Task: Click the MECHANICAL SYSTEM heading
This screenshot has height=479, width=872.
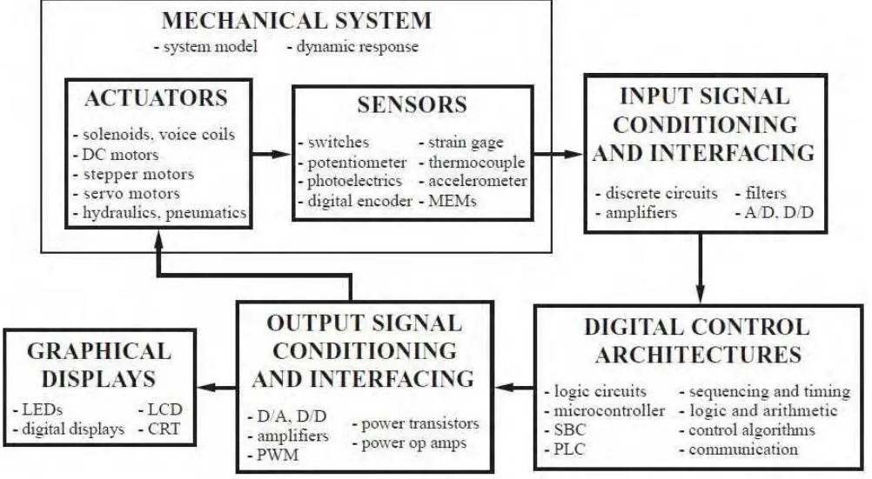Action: [x=297, y=21]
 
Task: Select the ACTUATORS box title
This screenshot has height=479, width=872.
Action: [x=157, y=98]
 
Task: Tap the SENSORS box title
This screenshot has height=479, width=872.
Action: [x=413, y=104]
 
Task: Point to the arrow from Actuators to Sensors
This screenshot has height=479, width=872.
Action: [x=272, y=153]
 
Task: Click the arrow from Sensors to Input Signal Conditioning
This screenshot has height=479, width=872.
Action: [x=558, y=153]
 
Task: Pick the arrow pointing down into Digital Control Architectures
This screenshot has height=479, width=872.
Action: [x=701, y=268]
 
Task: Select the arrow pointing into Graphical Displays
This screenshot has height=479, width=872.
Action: [x=217, y=387]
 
